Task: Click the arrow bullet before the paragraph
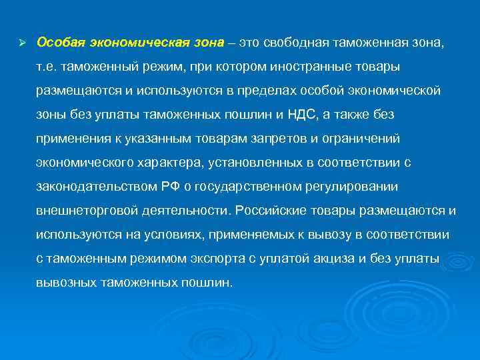(x=22, y=43)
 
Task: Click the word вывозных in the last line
(x=65, y=282)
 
